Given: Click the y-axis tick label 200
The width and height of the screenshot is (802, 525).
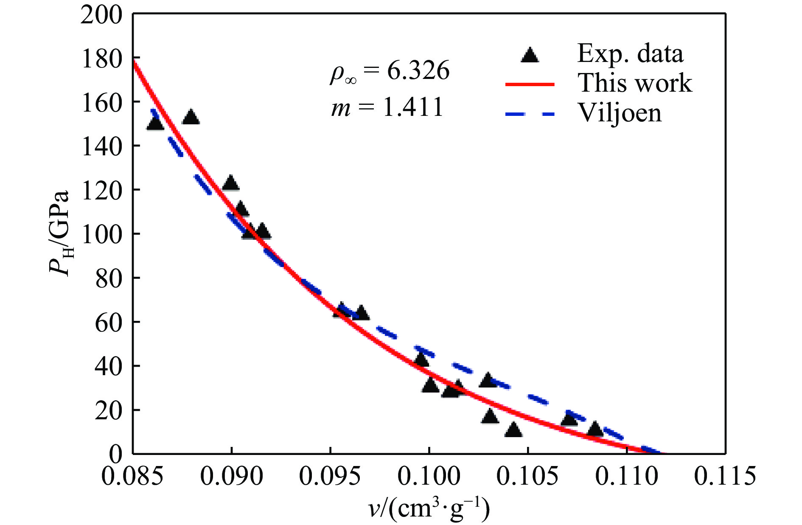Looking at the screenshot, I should [101, 15].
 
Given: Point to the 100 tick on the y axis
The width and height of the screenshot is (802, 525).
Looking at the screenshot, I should [101, 234].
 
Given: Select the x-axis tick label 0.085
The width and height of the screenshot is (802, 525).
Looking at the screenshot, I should [132, 476].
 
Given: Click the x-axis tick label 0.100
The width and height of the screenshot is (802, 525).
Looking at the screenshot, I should [429, 476].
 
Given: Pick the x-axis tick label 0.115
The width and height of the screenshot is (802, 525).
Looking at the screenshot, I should [725, 476].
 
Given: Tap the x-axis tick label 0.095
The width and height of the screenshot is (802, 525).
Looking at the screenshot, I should [330, 476].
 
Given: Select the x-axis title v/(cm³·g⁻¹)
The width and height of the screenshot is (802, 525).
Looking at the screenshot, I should [429, 508].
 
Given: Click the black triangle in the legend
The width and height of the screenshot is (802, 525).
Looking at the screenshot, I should [530, 56].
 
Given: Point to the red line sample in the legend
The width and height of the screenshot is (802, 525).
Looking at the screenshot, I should [530, 84].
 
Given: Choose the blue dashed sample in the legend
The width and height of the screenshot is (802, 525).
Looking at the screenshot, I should [530, 114].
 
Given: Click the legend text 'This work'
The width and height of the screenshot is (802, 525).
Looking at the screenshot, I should [635, 83].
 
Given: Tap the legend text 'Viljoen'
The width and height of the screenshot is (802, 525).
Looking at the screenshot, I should [620, 113].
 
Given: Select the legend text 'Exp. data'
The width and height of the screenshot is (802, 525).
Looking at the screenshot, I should [630, 54].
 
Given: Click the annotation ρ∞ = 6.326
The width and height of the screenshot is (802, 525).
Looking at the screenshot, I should [390, 71].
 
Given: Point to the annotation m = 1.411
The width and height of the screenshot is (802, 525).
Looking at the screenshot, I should [387, 107].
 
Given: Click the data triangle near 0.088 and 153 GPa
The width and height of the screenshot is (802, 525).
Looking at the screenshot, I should [191, 117].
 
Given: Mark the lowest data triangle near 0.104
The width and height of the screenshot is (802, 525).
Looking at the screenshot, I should [513, 430].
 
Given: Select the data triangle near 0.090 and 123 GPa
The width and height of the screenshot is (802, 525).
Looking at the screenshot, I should [230, 183].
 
